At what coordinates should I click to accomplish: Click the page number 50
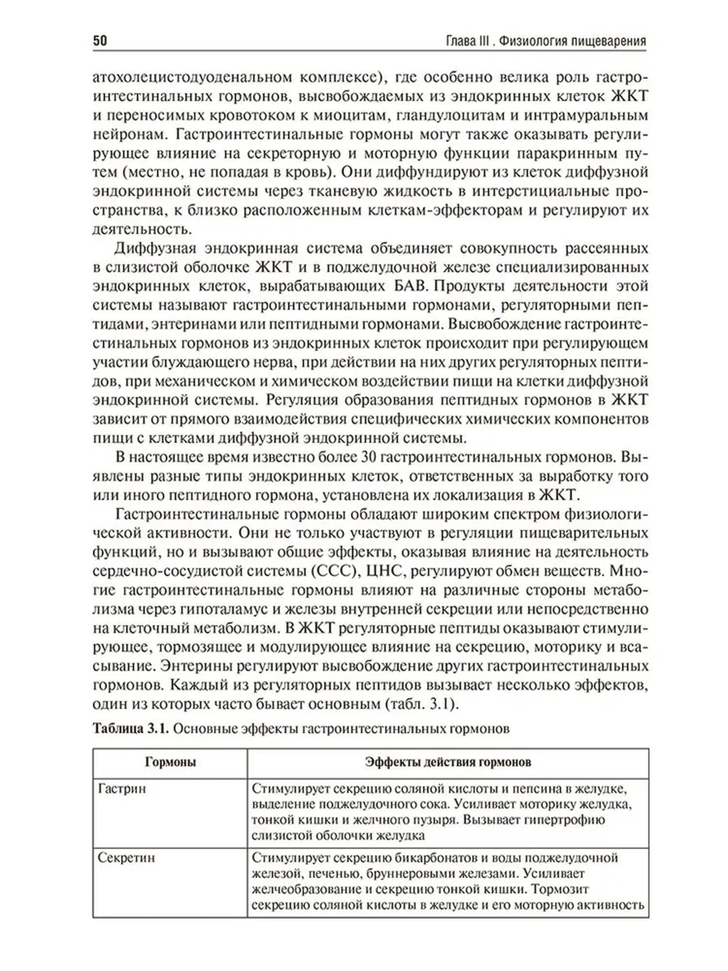[x=99, y=40]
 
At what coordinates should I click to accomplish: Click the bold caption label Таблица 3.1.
[x=130, y=728]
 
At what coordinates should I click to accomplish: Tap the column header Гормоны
[x=170, y=762]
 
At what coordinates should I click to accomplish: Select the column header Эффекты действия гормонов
[x=447, y=762]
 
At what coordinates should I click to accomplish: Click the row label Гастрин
[x=122, y=788]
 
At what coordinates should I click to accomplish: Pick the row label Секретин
[x=126, y=857]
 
